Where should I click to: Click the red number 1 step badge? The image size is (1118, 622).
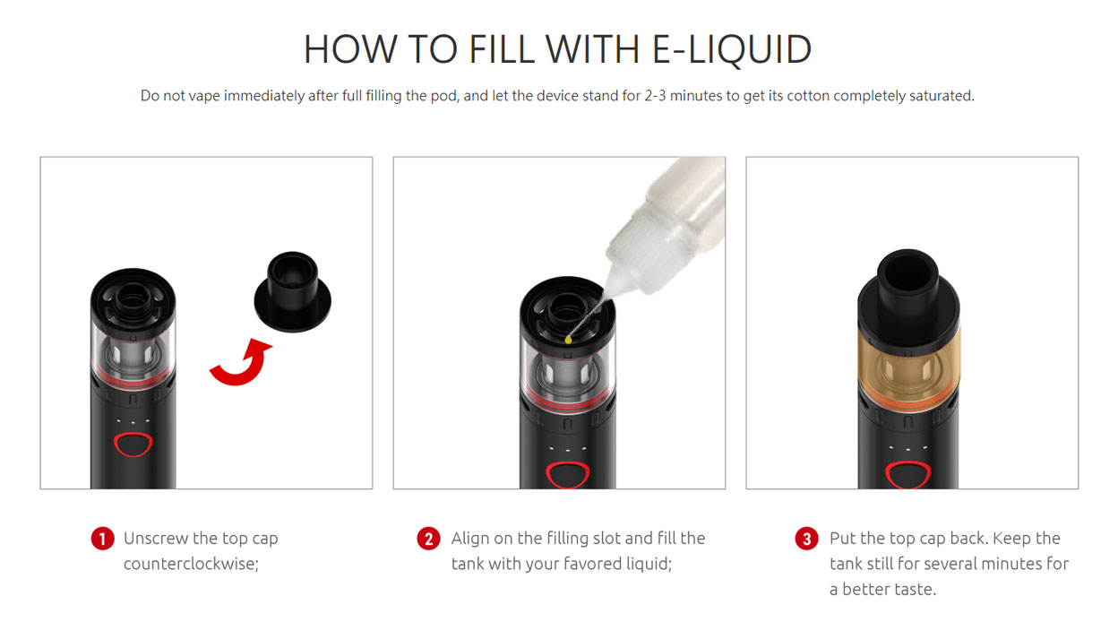click(x=103, y=539)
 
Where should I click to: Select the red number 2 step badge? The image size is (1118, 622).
click(x=429, y=539)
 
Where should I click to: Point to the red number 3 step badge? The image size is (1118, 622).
click(x=807, y=539)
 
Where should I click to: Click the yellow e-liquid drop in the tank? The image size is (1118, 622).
click(x=569, y=340)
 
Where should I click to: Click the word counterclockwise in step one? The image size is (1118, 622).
click(x=191, y=565)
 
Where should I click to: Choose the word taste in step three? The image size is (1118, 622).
click(x=915, y=589)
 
